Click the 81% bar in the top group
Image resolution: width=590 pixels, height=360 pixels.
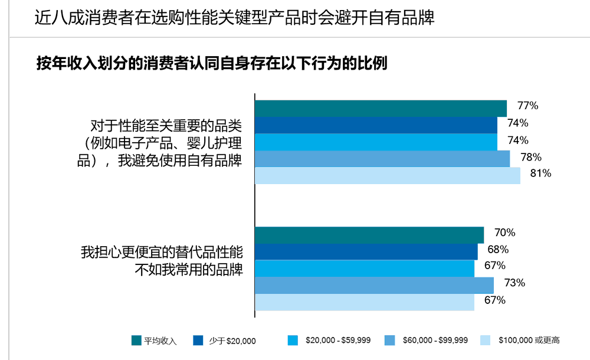click(388, 175)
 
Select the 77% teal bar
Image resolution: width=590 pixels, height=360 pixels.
click(381, 109)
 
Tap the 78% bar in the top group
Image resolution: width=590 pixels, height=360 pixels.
click(382, 159)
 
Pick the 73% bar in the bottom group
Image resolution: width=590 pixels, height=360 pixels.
click(374, 285)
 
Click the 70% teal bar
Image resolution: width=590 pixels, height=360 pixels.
click(369, 235)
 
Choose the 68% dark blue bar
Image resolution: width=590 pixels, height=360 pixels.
click(366, 251)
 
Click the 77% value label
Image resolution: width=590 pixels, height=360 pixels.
click(527, 106)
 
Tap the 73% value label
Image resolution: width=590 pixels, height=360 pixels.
click(514, 283)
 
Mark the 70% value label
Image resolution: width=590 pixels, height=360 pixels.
click(505, 233)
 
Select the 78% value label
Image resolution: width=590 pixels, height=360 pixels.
click(530, 157)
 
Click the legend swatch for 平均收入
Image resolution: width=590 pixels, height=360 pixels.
click(136, 341)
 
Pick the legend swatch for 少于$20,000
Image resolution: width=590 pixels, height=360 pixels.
click(198, 341)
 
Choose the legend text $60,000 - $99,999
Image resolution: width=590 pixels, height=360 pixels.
click(435, 340)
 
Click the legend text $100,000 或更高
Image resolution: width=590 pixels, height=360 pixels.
click(529, 340)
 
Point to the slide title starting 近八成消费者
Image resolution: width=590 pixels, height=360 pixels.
click(234, 18)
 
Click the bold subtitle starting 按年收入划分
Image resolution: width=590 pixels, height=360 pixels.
click(212, 64)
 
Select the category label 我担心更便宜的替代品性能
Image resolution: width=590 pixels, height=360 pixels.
click(162, 252)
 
